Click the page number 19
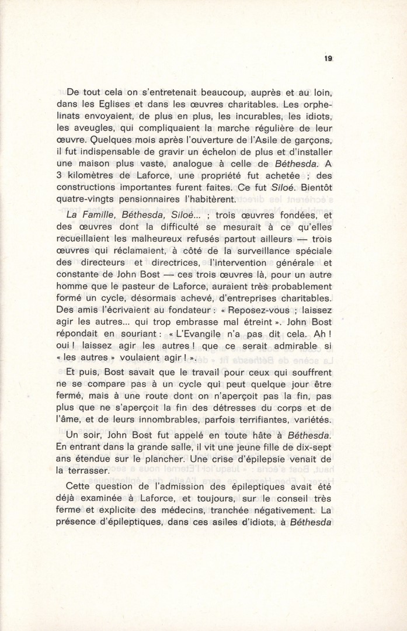pos(329,58)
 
